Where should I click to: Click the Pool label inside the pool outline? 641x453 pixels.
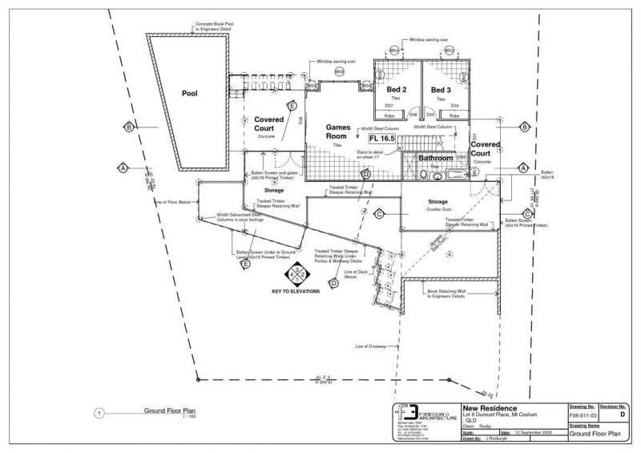point(189,94)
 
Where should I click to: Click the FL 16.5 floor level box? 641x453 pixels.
point(371,139)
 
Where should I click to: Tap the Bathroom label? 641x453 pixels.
point(436,158)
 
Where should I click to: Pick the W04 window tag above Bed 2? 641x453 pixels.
point(394,51)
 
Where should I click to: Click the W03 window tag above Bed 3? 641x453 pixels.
point(450,51)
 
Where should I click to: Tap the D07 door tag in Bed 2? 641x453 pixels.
point(389,106)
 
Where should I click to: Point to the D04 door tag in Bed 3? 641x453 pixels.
point(454,106)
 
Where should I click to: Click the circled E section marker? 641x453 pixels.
point(292,106)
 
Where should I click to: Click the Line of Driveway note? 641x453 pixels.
point(370,346)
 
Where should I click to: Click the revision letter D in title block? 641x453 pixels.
point(623,416)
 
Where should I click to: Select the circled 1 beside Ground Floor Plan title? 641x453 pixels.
point(99,414)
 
